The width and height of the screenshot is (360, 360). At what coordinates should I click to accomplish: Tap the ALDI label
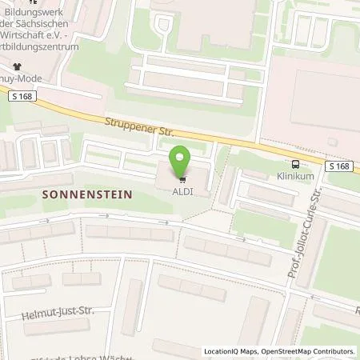[x=182, y=188]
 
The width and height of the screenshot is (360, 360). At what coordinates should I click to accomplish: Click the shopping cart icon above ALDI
[x=182, y=178]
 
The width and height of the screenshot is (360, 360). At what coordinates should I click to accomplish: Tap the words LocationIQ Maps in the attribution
[x=230, y=351]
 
